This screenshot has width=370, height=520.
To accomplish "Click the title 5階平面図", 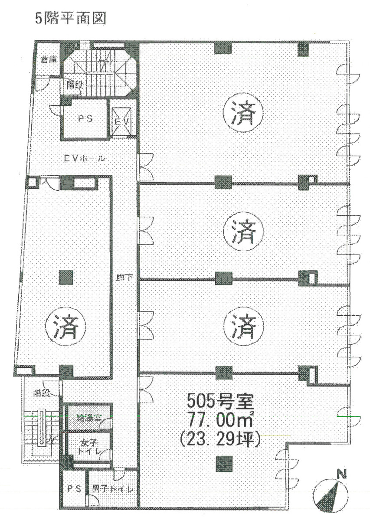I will tap(70, 20).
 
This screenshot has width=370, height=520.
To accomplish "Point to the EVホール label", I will tap(85, 159).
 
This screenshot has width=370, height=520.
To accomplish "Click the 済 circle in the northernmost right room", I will tap(242, 113).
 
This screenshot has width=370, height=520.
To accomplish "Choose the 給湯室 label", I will tap(89, 419).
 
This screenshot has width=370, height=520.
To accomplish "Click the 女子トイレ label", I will tap(89, 448).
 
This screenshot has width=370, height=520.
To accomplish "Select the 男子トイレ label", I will tap(112, 489).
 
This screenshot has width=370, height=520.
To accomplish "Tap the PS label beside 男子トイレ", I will tap(73, 489).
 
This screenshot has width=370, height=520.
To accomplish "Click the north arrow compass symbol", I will tap(332, 495).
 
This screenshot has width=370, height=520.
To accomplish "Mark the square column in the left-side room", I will tap(65, 278).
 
